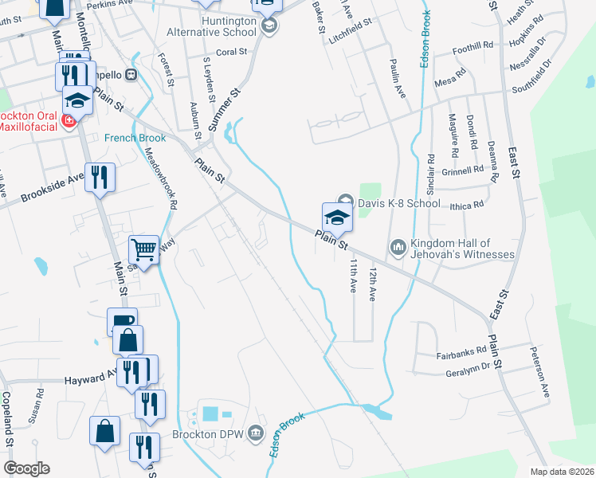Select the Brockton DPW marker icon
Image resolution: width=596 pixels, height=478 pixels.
click(x=255, y=435)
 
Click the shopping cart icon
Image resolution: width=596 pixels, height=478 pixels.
click(x=143, y=249)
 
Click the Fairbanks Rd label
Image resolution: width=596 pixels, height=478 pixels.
click(x=461, y=354)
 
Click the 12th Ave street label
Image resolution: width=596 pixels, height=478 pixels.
click(x=371, y=284)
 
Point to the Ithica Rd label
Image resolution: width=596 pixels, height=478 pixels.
click(x=467, y=205)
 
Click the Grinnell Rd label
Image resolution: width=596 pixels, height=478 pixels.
click(x=463, y=169)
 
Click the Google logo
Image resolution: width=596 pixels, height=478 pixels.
click(x=25, y=468)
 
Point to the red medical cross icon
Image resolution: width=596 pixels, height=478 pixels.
click(x=69, y=120)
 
